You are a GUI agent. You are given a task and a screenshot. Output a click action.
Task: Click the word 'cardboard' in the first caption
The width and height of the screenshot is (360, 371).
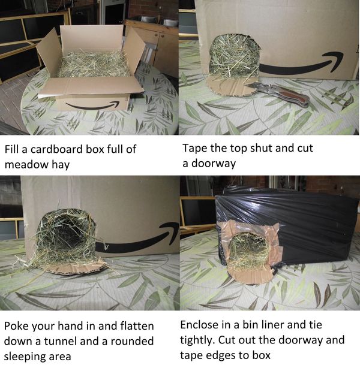[x=56, y=149]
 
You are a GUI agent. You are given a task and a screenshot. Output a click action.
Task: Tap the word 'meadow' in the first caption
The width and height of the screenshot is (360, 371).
[x=26, y=164]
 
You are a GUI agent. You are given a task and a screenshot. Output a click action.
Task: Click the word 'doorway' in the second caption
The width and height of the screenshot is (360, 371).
[x=214, y=164]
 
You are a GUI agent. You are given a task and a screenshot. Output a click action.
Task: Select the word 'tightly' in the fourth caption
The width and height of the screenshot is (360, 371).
[x=197, y=340]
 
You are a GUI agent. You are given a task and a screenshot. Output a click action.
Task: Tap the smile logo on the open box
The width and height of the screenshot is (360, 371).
[x=92, y=105]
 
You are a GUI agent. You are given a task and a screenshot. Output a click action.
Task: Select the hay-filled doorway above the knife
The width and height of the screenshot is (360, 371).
[x=235, y=56]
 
